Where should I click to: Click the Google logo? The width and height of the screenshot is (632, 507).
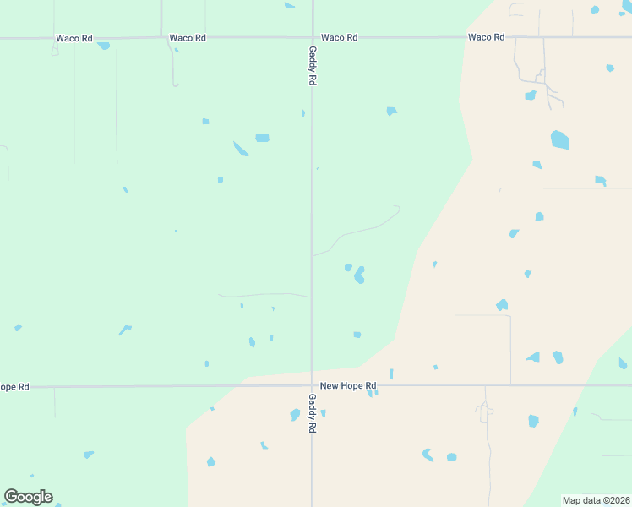[x=28, y=497]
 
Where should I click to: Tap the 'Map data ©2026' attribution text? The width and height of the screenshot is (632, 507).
[x=596, y=500]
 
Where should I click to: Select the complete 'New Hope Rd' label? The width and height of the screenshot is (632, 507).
[x=347, y=386]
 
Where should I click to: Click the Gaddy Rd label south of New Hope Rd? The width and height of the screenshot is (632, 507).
[x=312, y=413]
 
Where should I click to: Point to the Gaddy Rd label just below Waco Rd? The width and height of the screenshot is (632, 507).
[x=312, y=65]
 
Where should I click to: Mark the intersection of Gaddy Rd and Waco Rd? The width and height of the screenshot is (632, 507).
[x=312, y=38]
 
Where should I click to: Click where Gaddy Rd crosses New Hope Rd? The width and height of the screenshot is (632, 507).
[x=312, y=386]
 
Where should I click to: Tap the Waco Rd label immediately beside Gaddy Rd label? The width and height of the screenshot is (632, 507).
[x=339, y=38]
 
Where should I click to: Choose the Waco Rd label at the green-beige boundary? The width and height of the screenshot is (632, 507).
[x=486, y=37]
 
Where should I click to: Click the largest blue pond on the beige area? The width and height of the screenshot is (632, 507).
[x=559, y=139]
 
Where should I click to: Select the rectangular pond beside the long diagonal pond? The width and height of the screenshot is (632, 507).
[x=262, y=138]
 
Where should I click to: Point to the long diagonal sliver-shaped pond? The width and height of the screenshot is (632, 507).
[x=241, y=149]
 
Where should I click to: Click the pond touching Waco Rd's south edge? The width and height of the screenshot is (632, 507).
[x=103, y=45]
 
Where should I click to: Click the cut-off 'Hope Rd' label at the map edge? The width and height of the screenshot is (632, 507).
[x=14, y=386]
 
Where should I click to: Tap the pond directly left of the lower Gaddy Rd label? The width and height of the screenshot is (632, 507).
[x=295, y=415]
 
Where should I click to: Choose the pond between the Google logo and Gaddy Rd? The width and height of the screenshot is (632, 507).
[x=210, y=461]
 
